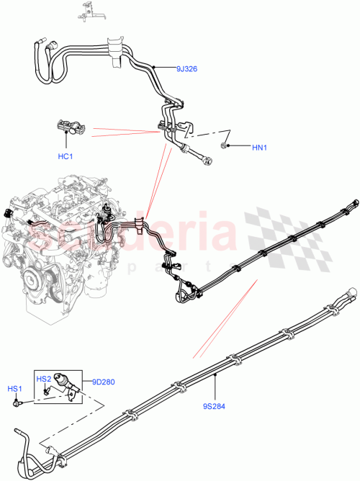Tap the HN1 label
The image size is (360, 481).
pos(259,148)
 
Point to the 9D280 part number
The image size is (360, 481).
pos(102,382)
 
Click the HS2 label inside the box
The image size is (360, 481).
pos(43,379)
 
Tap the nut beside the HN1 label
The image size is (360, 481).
pos(227,146)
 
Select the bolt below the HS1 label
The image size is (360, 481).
pos(17,403)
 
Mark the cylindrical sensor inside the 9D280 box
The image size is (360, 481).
pos(63,381)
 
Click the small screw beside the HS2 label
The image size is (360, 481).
pos(45,391)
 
